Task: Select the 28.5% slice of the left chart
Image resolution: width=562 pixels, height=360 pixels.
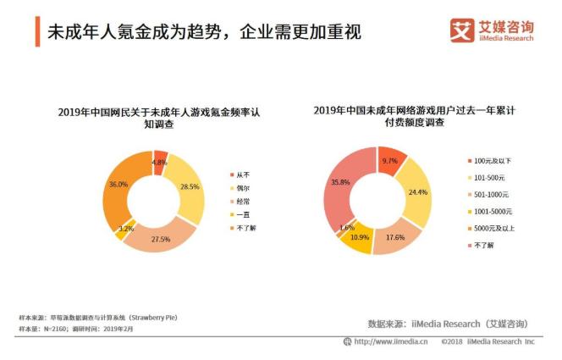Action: pyautogui.click(x=190, y=187)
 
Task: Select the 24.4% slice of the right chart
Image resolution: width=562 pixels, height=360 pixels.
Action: pyautogui.click(x=415, y=191)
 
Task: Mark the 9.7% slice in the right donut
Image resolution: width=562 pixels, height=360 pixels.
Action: pyautogui.click(x=389, y=160)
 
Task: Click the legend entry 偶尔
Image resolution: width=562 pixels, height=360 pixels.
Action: pyautogui.click(x=243, y=187)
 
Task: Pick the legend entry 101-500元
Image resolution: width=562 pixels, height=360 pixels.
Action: pyautogui.click(x=485, y=177)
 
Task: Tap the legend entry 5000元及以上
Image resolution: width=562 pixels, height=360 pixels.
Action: pyautogui.click(x=488, y=228)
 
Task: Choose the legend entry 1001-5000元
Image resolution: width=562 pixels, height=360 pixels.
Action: pyautogui.click(x=488, y=211)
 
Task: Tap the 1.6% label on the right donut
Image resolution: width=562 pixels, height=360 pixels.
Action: pyautogui.click(x=346, y=228)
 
